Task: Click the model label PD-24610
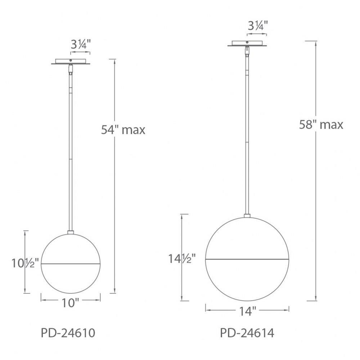tap(68, 333)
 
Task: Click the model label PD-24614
tap(247, 333)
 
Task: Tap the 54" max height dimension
tap(123, 130)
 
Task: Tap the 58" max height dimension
tap(321, 125)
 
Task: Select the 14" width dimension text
tap(248, 311)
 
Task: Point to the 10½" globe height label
tap(25, 263)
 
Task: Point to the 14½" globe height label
tap(182, 259)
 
